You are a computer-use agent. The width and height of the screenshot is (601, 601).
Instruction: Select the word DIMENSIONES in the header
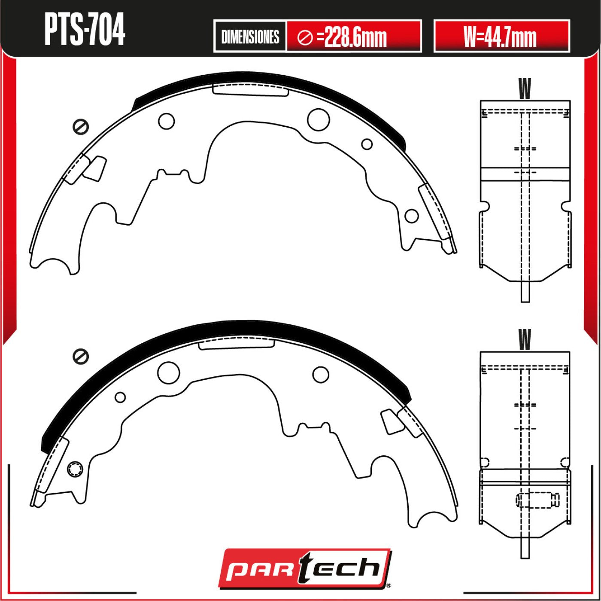click(250, 37)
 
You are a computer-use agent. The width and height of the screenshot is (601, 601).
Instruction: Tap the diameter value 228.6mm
click(355, 37)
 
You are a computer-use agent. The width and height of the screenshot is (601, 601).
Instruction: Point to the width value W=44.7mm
click(501, 37)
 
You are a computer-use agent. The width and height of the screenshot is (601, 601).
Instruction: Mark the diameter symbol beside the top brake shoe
click(80, 127)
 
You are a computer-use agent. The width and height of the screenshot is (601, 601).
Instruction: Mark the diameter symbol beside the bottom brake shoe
click(80, 357)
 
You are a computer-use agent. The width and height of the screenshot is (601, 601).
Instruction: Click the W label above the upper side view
click(525, 88)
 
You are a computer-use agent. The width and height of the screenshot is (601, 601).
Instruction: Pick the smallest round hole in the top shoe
click(367, 144)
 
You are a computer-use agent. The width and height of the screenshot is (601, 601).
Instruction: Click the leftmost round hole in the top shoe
click(166, 121)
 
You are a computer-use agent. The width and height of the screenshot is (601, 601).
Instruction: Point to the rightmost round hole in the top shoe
click(411, 216)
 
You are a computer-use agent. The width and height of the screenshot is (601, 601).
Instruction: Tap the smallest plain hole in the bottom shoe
click(120, 397)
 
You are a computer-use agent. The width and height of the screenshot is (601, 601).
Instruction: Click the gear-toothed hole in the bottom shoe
click(76, 469)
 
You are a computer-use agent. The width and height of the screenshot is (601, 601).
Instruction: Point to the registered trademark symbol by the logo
click(389, 585)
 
